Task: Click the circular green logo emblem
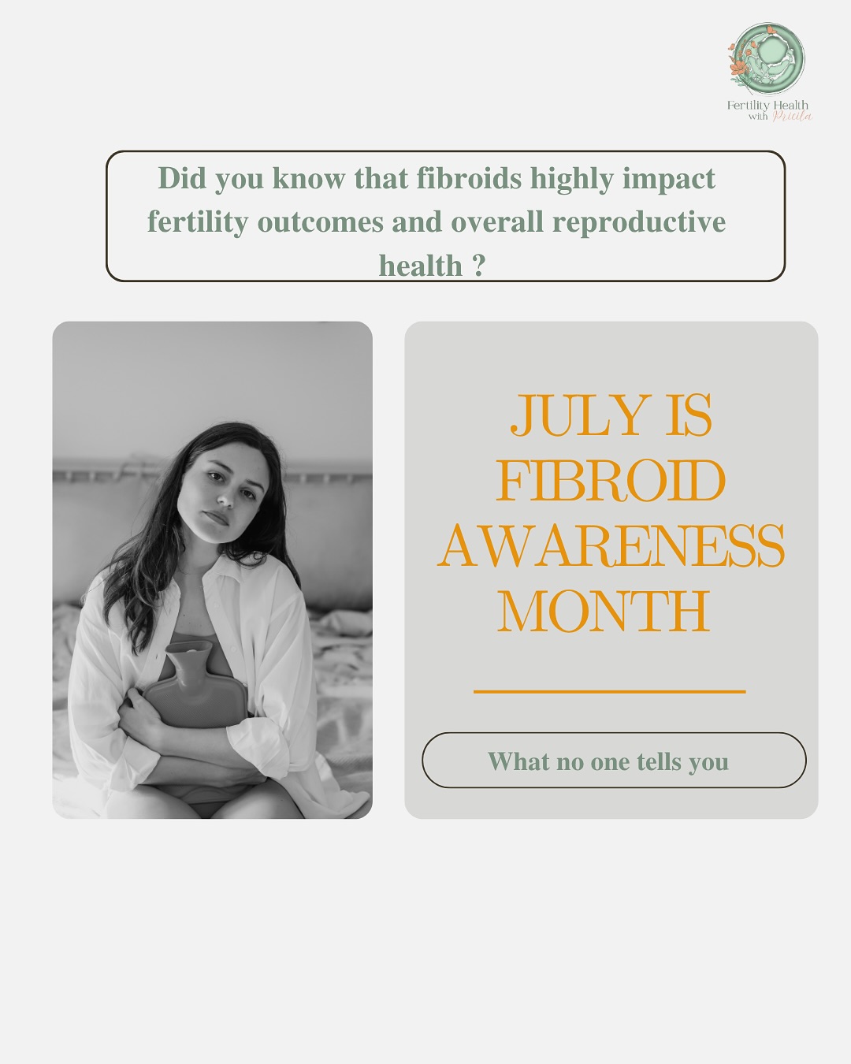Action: point(767,58)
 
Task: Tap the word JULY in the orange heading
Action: point(580,415)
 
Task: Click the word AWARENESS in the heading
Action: point(611,546)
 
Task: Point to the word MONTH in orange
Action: point(604,612)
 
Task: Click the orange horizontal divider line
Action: point(609,691)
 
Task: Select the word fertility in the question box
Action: point(197,222)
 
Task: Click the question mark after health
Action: point(478,266)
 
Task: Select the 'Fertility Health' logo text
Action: point(767,105)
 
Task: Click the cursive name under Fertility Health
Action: point(791,117)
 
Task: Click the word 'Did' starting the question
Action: point(181,179)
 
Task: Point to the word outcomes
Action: point(320,222)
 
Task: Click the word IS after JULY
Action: point(688,415)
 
